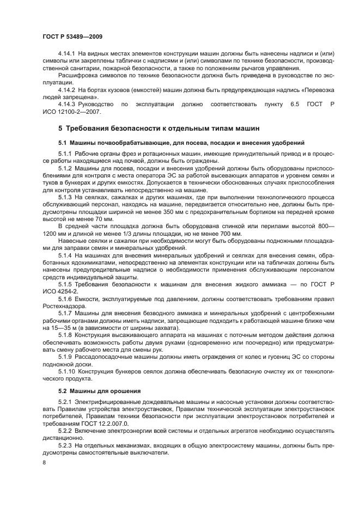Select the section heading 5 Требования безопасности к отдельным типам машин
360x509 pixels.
(157, 128)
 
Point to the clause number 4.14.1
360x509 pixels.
(67, 53)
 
